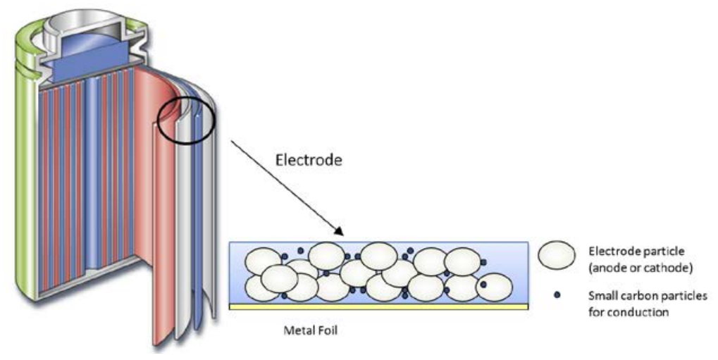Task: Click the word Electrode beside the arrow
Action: click(x=308, y=160)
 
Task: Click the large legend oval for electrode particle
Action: click(x=557, y=258)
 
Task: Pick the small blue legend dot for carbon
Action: click(x=557, y=297)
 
